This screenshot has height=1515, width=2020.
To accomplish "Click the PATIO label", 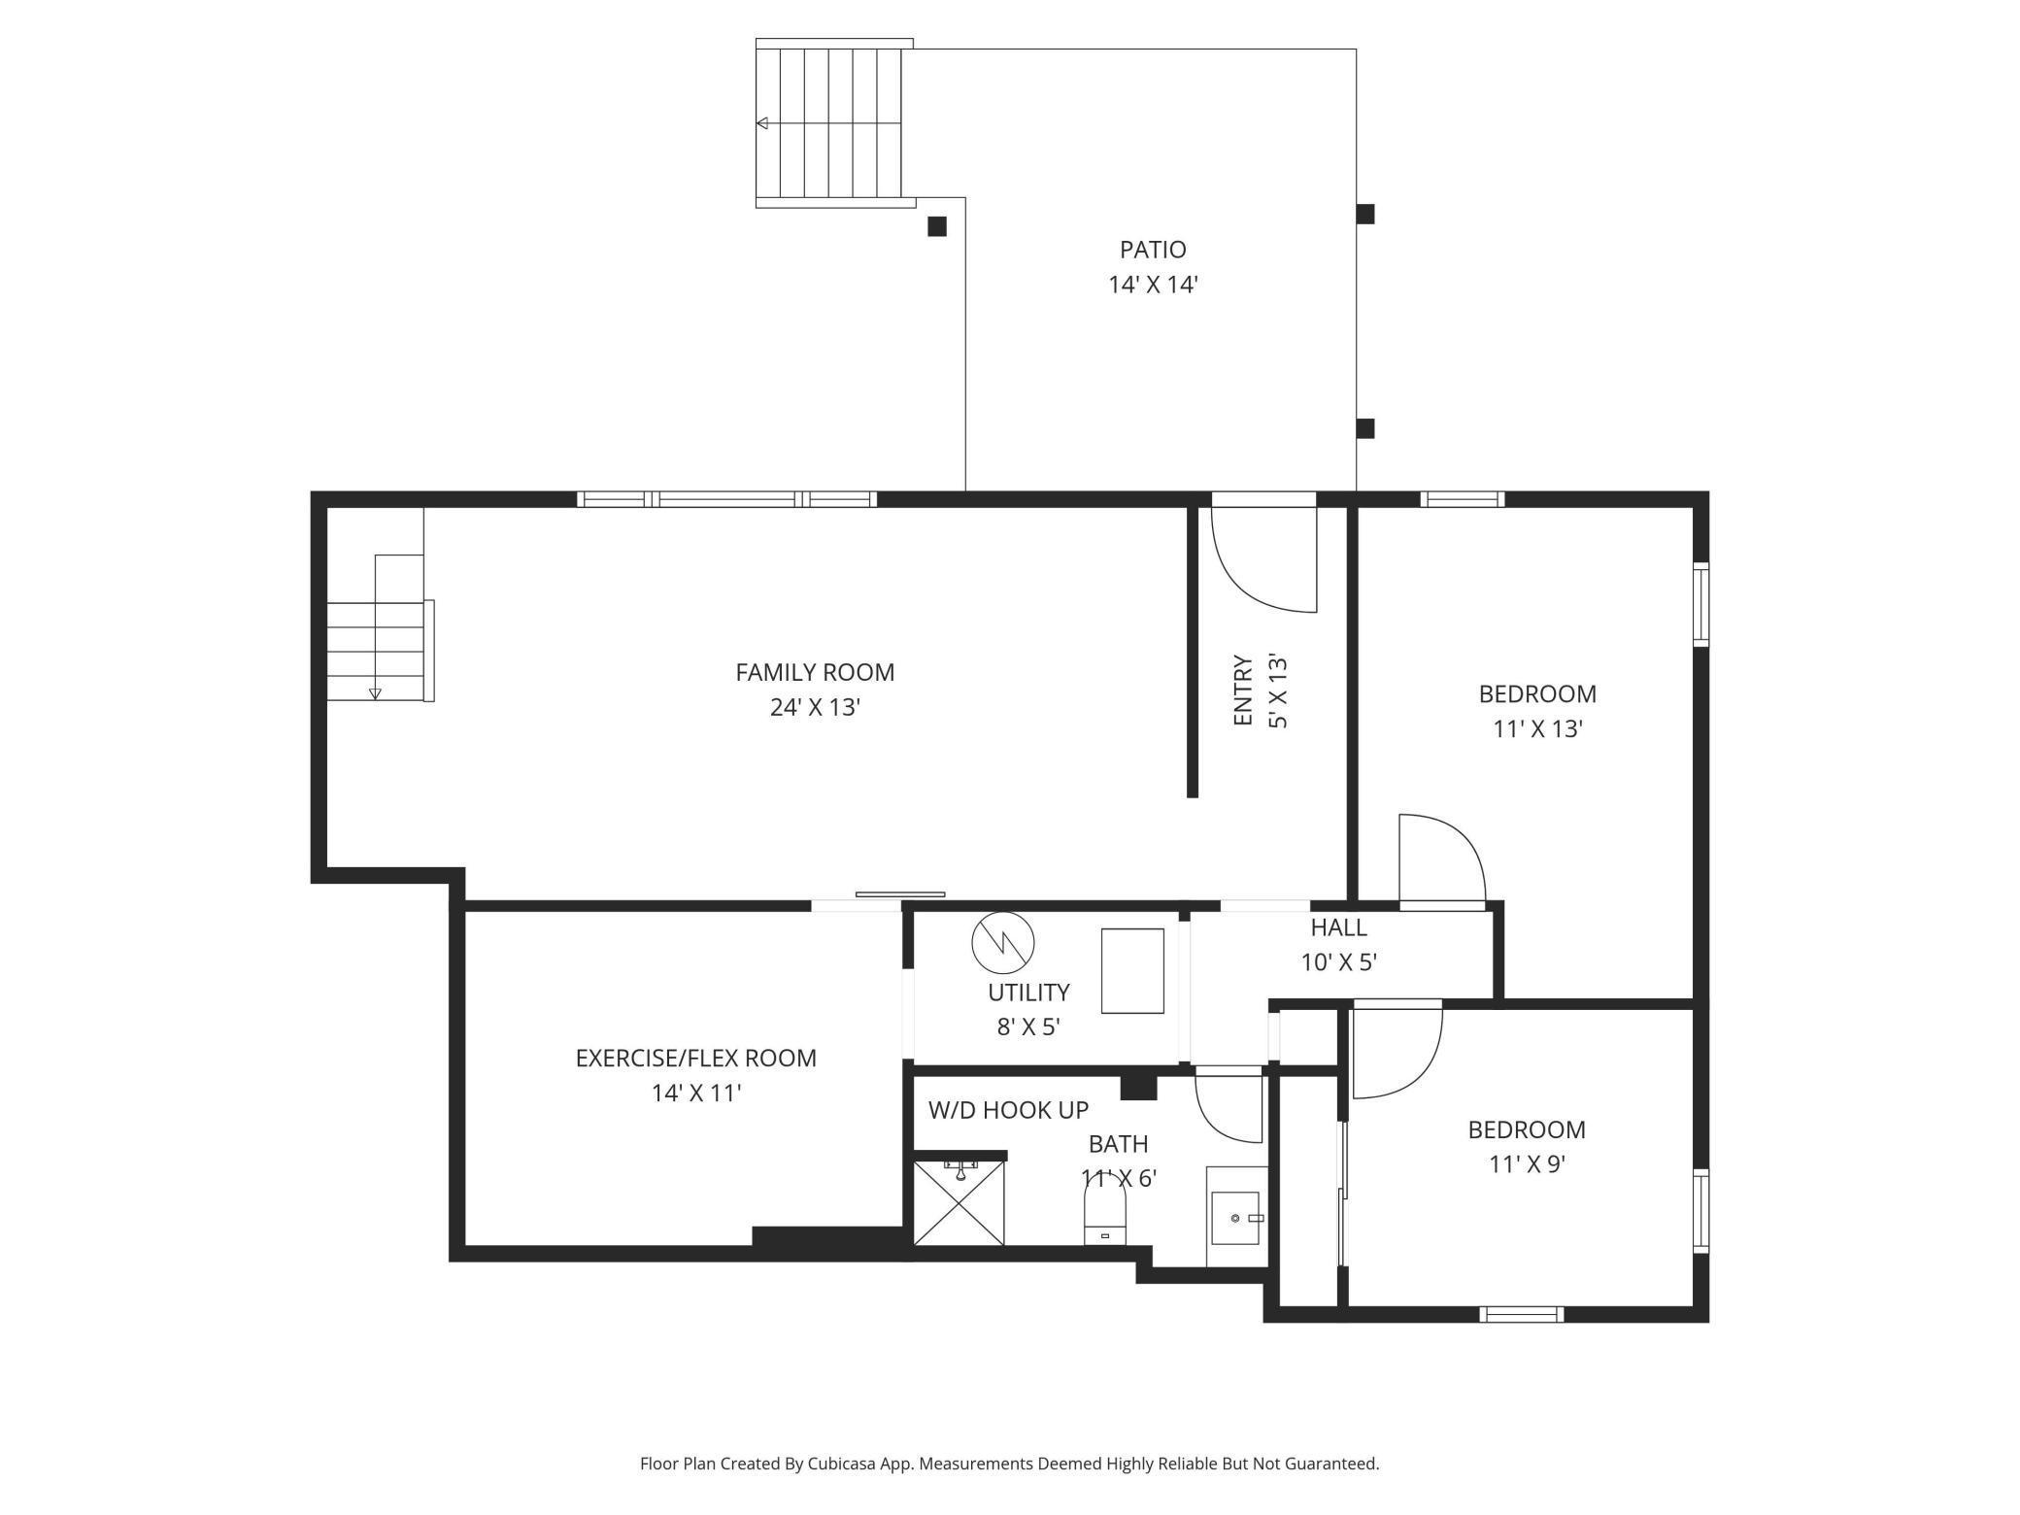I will pos(1153,251).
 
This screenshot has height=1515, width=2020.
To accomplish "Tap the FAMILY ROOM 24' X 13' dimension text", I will pos(815,707).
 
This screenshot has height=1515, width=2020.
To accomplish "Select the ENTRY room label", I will pos(1243,690).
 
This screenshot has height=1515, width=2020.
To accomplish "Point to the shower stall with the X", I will pos(959,1203).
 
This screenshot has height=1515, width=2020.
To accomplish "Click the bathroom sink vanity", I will pos(1236,1217).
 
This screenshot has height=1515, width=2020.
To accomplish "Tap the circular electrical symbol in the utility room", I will pos(1003,942).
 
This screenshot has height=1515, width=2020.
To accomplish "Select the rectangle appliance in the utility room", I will pos(1132,971).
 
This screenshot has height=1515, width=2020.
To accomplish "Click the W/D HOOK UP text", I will pos(1008,1110).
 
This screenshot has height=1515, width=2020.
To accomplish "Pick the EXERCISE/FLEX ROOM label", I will pos(695,1059).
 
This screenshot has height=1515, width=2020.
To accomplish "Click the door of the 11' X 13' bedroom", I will pos(1441,859).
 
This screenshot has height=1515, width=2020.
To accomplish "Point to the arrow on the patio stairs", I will pos(763,123).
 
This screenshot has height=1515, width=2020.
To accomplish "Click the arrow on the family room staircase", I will pos(375,693).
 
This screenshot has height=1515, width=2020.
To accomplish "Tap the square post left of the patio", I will pos(937,226).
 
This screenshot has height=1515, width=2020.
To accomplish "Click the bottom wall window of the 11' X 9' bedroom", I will pos(1521,1314).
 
